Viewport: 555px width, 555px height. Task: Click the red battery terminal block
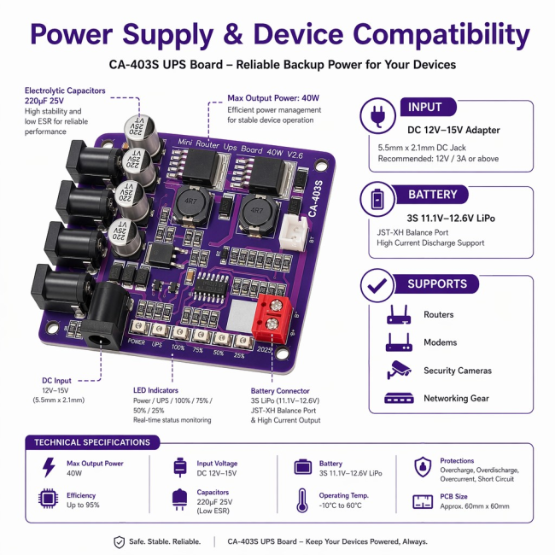point(272,318)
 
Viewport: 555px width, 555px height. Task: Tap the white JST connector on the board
point(294,232)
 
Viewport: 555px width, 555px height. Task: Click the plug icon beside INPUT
point(377,115)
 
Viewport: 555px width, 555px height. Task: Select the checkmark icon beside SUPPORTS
point(377,285)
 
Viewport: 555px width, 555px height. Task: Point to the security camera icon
point(399,370)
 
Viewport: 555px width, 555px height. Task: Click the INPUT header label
point(424,107)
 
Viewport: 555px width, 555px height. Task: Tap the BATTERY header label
point(433,195)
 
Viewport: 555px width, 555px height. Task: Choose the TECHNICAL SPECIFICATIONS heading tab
point(92,442)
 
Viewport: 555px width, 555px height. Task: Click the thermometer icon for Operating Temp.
point(302,500)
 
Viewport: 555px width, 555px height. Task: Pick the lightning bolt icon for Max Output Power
point(49,467)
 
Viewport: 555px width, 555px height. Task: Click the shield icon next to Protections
point(423,467)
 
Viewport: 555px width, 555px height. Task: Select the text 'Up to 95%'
point(83,505)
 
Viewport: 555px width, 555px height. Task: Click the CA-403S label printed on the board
point(315,198)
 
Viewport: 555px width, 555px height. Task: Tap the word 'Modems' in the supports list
point(441,342)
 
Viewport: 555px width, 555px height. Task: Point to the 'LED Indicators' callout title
point(155,390)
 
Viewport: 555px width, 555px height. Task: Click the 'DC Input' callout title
point(56,381)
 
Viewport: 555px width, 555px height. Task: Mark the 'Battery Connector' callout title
point(280,391)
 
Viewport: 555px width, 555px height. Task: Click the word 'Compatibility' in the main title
point(441,35)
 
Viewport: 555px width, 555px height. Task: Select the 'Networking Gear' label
point(456,398)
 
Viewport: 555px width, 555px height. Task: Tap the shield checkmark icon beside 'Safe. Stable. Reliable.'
point(120,542)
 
